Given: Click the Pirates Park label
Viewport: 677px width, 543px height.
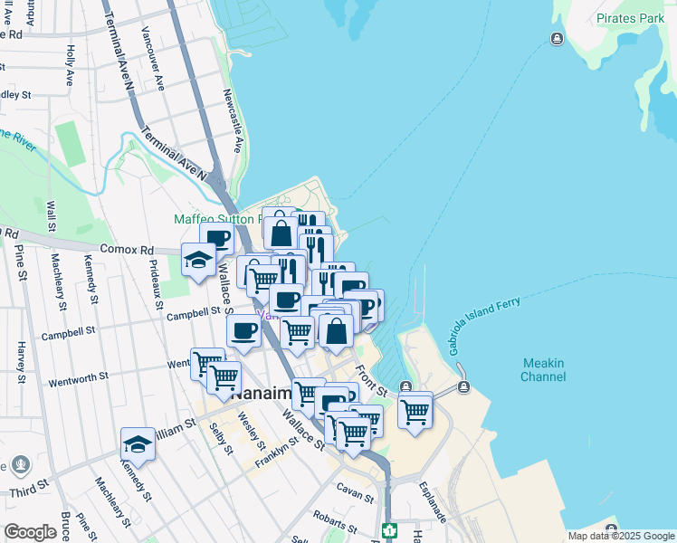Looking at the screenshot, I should point(631,18).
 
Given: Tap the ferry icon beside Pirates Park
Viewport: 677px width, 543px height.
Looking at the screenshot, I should point(556,38).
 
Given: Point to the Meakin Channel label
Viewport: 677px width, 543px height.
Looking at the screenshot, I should point(543,370).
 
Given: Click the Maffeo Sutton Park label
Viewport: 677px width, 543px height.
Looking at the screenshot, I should point(217,220).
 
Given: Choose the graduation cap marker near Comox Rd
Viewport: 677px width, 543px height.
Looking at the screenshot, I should point(199,261).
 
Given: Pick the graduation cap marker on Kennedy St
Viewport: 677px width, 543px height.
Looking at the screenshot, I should point(138,444).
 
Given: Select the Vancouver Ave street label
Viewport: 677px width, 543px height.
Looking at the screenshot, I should point(152,58).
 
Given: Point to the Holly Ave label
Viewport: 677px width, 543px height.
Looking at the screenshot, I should point(71,66).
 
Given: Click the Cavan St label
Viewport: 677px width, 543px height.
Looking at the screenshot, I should point(355,496).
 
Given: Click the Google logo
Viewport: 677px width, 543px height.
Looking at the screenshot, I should point(30,532).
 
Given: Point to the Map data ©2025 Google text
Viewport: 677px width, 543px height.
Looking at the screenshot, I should point(619,536).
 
